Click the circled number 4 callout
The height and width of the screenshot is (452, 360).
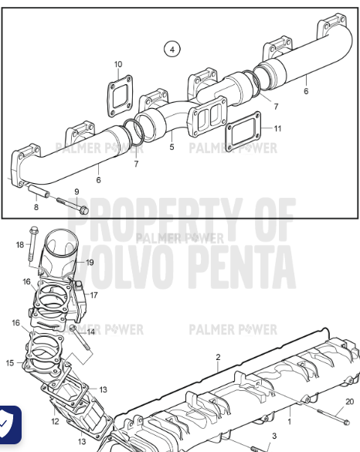tap(172, 49)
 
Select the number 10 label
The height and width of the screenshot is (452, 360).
tap(117, 64)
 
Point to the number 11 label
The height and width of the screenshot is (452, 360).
tap(278, 127)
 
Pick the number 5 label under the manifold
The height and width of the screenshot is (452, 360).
tap(172, 146)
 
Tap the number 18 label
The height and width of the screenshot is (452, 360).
tap(19, 245)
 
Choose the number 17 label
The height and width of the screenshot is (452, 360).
tap(93, 294)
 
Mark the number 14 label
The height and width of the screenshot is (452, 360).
tap(90, 331)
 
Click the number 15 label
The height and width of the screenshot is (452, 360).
tap(10, 362)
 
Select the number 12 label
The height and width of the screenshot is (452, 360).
tap(55, 421)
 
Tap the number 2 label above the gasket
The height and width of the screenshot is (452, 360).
tap(218, 357)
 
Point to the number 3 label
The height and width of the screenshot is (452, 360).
tap(273, 437)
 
